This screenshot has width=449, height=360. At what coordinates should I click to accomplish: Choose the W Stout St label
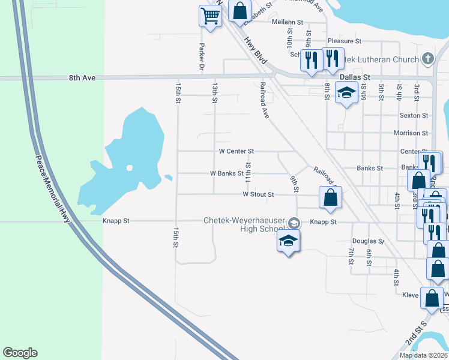click(x=258, y=194)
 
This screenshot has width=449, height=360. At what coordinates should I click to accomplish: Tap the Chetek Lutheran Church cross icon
click(x=427, y=59)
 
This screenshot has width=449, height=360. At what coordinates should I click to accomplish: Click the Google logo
click(x=20, y=353)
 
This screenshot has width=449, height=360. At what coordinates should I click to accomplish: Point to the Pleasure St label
click(x=344, y=41)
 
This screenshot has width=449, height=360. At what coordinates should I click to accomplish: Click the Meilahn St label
click(x=285, y=22)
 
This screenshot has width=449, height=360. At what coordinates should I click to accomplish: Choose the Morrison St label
click(x=411, y=133)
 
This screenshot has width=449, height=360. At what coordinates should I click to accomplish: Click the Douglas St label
click(x=368, y=241)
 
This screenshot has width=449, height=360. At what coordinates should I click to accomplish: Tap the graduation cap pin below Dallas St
click(x=346, y=93)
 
